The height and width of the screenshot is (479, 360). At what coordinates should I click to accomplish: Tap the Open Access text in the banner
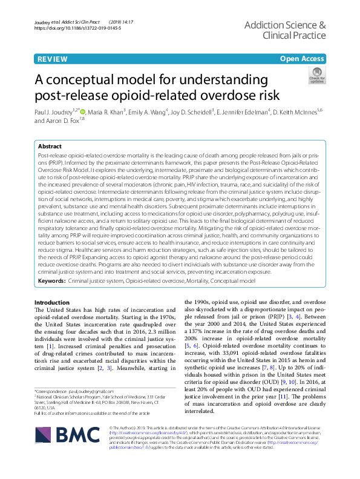[303, 59]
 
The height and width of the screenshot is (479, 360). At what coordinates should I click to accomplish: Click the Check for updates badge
[316, 76]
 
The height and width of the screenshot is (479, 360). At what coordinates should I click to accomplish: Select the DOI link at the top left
[78, 28]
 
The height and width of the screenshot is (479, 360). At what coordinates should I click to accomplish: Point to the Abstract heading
[50, 147]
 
